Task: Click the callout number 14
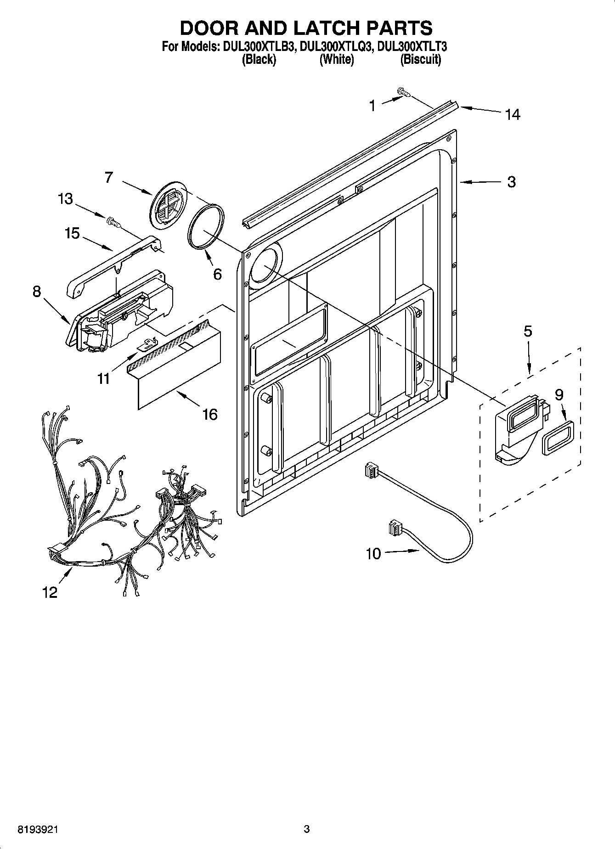tap(512, 114)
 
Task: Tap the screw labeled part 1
tap(404, 93)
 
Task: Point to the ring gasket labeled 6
tap(205, 227)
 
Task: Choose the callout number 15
tap(72, 234)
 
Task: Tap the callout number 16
tap(209, 415)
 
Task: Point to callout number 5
tap(528, 331)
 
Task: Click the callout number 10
tap(373, 554)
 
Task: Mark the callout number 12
tap(50, 593)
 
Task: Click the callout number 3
tap(511, 182)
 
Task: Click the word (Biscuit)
tap(420, 59)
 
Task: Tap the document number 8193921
tap(38, 829)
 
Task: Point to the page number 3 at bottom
tap(307, 829)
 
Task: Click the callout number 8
tap(37, 292)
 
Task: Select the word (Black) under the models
tap(259, 59)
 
